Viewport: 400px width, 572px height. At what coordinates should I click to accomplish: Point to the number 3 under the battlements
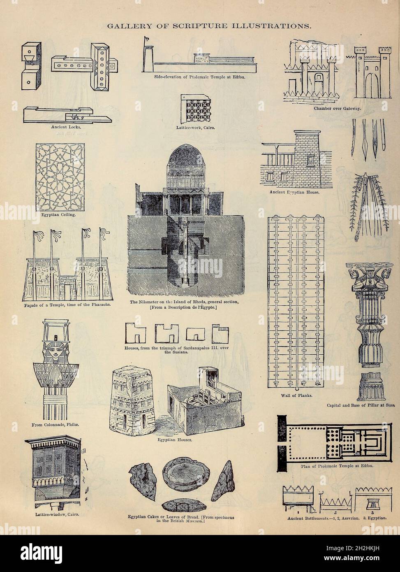point(372,512)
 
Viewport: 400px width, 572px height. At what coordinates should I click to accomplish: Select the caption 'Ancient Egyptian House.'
point(294,192)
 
